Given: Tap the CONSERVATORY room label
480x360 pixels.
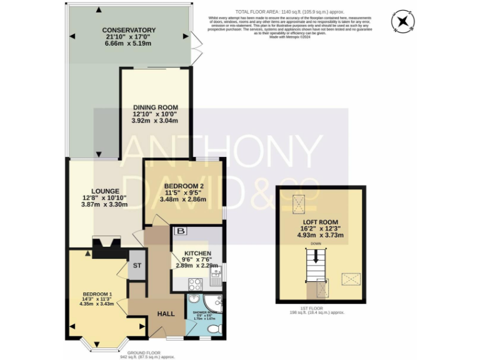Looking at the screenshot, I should point(130,30).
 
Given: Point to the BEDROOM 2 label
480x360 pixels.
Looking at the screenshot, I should point(182,186).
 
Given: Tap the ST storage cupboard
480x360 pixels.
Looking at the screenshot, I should point(137,265).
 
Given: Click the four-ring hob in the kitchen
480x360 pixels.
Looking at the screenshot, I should point(194,284).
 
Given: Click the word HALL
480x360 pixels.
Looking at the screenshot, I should point(165,314).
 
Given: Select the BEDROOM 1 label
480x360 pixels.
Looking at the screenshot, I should point(97,294).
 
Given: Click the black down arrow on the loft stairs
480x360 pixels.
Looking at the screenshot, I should point(316,256).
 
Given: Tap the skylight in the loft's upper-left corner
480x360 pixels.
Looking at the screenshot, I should point(299,202).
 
